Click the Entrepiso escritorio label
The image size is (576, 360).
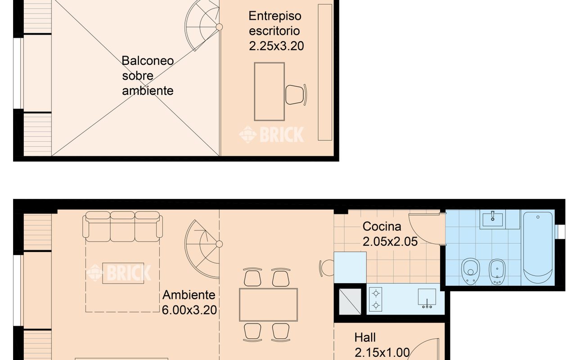(274, 23)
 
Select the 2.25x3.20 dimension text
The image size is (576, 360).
(276, 46)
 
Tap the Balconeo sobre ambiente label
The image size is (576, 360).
(148, 76)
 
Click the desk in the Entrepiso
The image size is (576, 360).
(269, 92)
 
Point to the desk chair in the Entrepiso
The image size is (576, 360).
(296, 94)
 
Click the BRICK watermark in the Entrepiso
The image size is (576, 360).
(271, 135)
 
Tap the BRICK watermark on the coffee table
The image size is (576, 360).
(119, 273)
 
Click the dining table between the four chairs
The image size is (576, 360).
(268, 304)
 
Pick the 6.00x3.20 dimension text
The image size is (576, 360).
(189, 310)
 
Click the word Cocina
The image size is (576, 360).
(382, 226)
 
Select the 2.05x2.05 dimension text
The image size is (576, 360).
(390, 242)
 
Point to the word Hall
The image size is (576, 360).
(364, 337)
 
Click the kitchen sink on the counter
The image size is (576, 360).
(427, 298)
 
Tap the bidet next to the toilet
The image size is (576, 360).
(497, 271)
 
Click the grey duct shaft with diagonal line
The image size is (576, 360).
(350, 301)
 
